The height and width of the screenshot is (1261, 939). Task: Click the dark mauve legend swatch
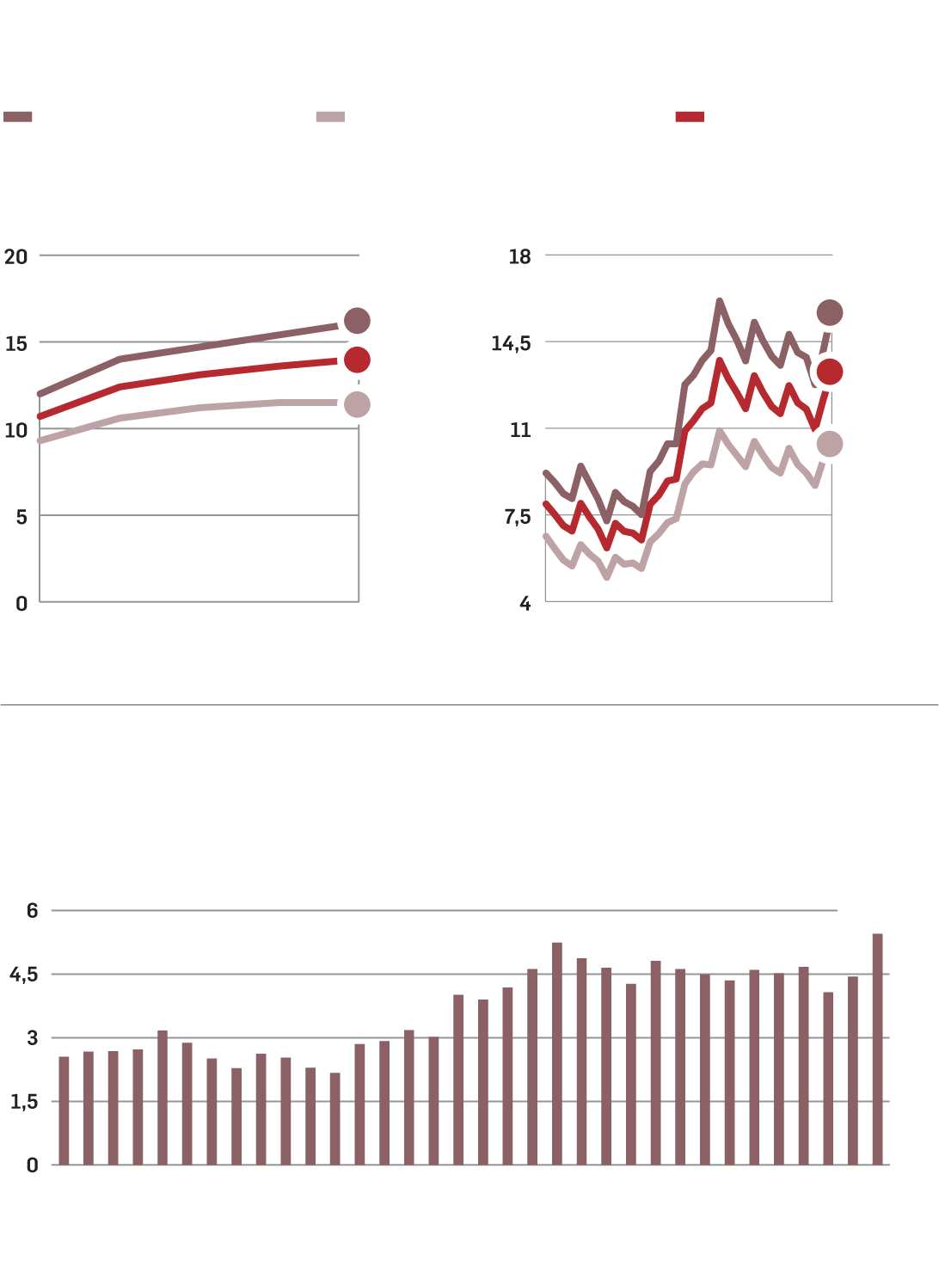click(18, 117)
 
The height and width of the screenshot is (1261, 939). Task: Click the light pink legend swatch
click(330, 117)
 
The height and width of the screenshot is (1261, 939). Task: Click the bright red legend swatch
click(690, 117)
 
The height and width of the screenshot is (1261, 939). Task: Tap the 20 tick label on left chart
click(16, 256)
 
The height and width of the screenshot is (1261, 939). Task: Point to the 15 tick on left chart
click(16, 343)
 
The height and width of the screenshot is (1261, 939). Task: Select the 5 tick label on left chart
click(21, 517)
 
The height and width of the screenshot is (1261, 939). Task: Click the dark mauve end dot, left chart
click(357, 321)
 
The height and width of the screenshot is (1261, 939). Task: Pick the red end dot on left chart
click(357, 360)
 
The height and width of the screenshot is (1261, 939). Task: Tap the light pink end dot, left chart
click(357, 404)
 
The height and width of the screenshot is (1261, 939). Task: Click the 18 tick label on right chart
click(520, 256)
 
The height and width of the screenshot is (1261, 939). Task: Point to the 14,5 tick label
click(511, 343)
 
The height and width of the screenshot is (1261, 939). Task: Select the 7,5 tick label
click(518, 517)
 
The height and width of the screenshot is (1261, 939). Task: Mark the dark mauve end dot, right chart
click(830, 312)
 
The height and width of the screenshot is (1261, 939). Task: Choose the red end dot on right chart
click(830, 372)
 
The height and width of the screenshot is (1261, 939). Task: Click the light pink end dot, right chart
click(830, 444)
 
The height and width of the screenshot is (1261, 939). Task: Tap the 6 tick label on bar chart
click(33, 911)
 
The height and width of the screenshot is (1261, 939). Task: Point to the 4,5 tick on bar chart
click(24, 975)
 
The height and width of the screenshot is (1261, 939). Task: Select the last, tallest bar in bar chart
click(877, 1049)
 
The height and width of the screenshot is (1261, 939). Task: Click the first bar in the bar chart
click(64, 1110)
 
